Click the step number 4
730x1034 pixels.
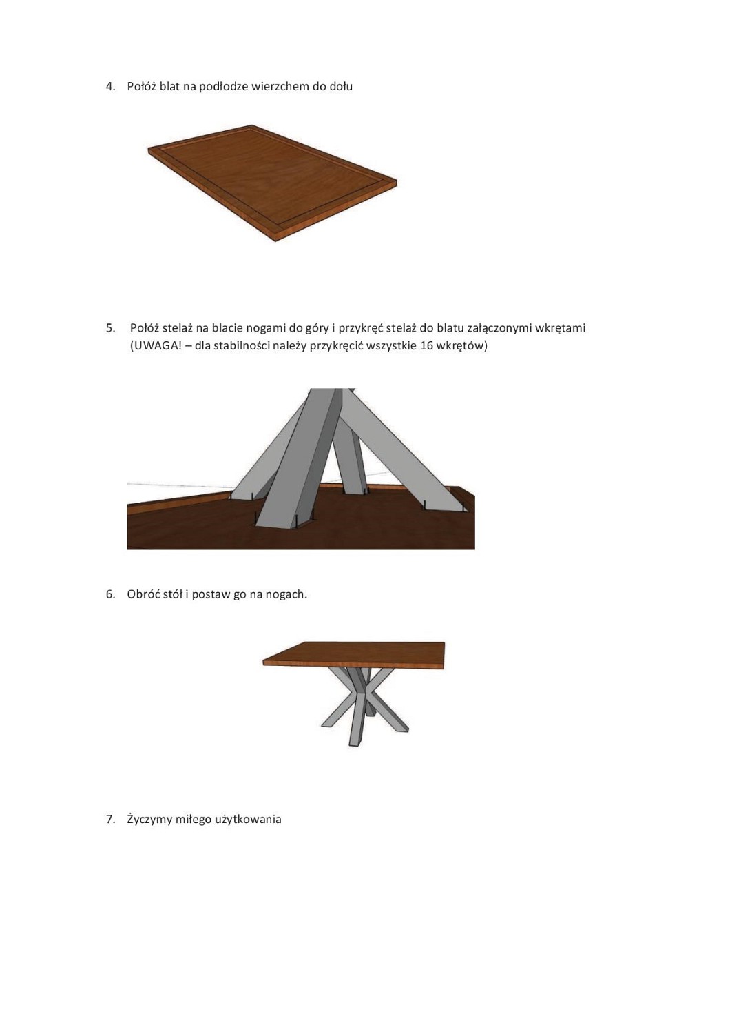pos(110,87)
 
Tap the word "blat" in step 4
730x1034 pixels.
pos(169,86)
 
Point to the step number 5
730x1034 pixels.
pos(110,328)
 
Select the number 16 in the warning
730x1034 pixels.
pos(426,346)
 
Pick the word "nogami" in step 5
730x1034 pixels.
pos(267,329)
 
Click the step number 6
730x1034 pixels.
pos(110,594)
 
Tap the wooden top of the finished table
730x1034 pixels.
pos(354,653)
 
